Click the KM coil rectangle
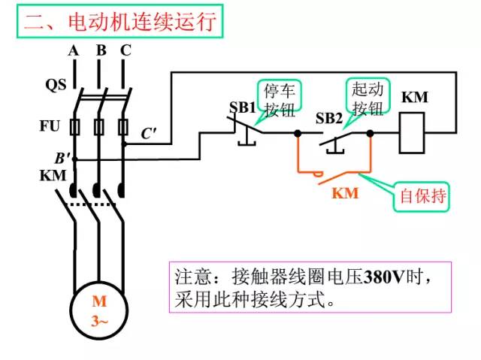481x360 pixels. click(412, 132)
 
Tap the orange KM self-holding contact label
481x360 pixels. click(345, 193)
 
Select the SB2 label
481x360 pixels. click(328, 119)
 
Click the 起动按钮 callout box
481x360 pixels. click(367, 98)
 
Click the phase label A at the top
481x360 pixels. click(73, 50)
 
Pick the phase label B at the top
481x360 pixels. click(100, 50)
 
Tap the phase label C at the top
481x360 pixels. click(126, 50)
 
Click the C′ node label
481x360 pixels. click(149, 135)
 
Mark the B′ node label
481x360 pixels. click(62, 159)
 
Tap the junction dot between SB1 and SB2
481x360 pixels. click(298, 134)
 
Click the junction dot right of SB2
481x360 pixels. click(370, 134)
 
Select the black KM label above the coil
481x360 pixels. click(415, 98)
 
